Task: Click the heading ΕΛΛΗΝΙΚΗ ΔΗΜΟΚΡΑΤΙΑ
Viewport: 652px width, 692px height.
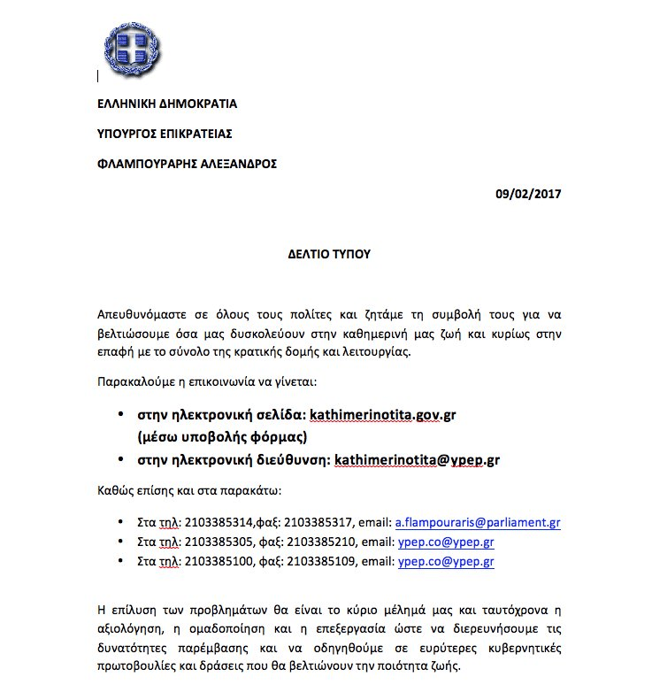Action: click(x=166, y=104)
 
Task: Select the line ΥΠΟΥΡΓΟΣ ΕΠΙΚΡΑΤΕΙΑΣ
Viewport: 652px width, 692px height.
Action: click(x=165, y=134)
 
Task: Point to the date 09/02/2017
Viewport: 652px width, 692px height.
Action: click(x=528, y=194)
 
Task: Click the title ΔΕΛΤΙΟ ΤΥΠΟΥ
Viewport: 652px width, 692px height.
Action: click(x=328, y=254)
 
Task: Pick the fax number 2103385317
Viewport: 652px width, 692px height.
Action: click(x=302, y=523)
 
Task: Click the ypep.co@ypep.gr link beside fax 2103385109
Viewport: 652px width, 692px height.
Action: click(x=446, y=562)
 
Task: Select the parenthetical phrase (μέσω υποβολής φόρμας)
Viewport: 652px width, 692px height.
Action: click(x=221, y=436)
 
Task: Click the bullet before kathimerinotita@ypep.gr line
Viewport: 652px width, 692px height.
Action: click(x=120, y=459)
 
